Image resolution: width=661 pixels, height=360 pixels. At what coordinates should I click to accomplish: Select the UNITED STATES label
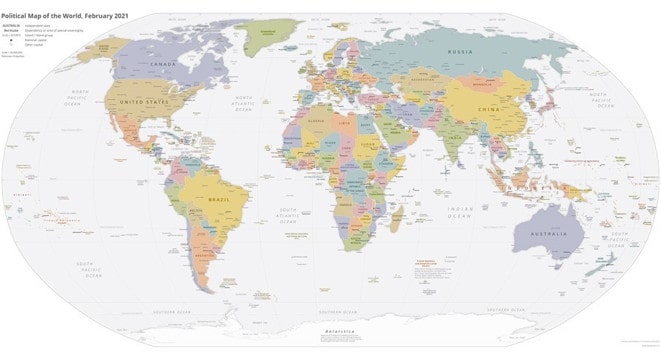point(143,103)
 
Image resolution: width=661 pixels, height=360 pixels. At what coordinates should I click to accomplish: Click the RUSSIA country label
point(460,51)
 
